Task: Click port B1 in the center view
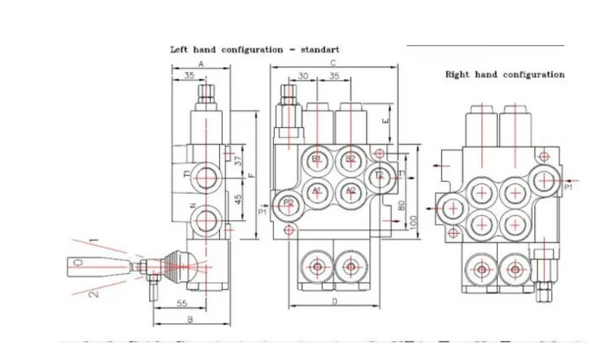(316, 159)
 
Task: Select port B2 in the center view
(351, 159)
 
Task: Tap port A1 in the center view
(316, 191)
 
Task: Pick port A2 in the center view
(351, 191)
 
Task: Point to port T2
(380, 176)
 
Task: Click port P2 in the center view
(288, 202)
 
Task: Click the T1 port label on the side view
(187, 174)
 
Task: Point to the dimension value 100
(412, 221)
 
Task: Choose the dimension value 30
(303, 76)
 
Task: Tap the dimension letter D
(334, 301)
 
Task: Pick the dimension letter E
(386, 121)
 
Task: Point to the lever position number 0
(80, 262)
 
